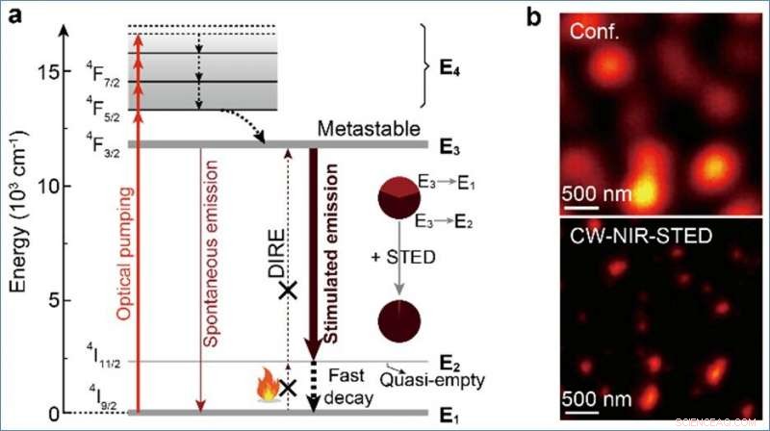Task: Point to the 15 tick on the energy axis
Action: tap(49, 72)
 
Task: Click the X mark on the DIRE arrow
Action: tap(286, 289)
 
